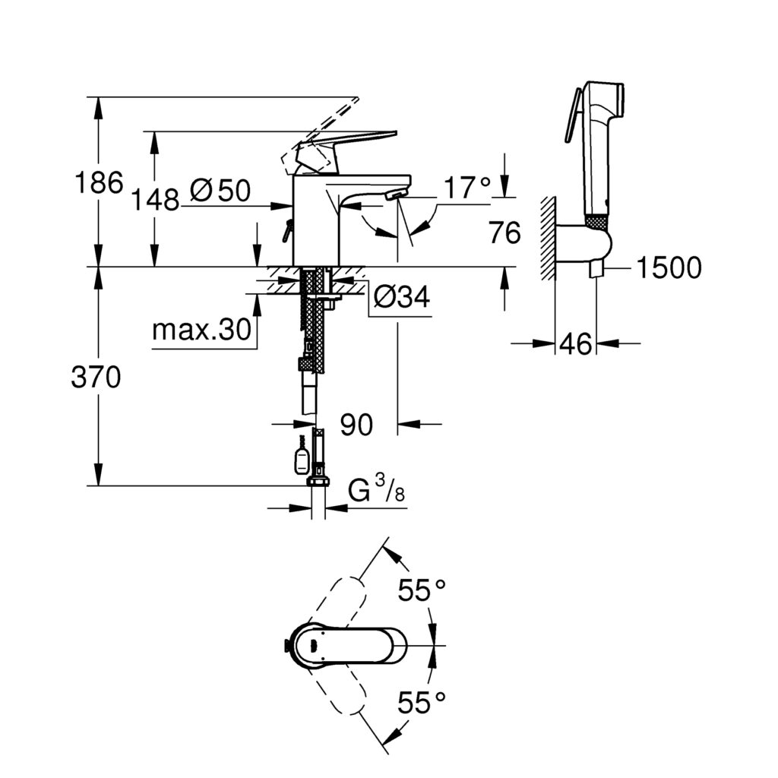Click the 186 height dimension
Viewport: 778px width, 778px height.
coord(98,183)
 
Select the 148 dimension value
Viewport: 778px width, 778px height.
coord(155,200)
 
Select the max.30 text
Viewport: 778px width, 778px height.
coord(201,330)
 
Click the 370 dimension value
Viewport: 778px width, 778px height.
coord(96,378)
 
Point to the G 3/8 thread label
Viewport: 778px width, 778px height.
coord(376,492)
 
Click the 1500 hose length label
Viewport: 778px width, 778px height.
coord(669,267)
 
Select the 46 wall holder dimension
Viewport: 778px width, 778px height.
coord(575,344)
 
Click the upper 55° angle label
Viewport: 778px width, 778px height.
coord(421,590)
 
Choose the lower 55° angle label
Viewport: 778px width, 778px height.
coord(421,702)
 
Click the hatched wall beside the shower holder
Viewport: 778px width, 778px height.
coord(546,239)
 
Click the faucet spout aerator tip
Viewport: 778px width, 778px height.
coord(391,195)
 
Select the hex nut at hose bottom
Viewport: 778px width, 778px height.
coord(318,481)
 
